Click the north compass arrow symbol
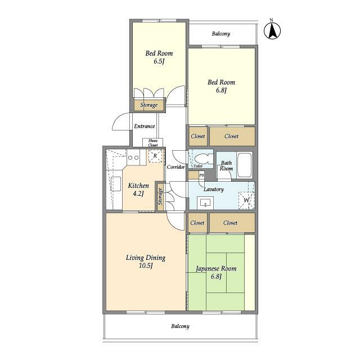pos(272,31)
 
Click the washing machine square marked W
pos(246,200)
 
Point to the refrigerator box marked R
pos(155,156)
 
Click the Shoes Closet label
pos(152,143)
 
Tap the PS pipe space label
pos(201,175)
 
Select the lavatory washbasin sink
pos(205,203)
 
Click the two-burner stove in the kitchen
pos(133,157)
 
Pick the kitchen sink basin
pos(116,184)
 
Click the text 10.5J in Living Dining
pos(146,265)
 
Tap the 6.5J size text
pos(159,61)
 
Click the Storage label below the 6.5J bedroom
pos(149,105)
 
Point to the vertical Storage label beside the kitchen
pos(160,196)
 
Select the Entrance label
pos(145,126)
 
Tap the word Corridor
pos(175,167)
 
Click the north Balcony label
pos(221,34)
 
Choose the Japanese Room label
pos(216,268)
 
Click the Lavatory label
pos(214,189)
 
